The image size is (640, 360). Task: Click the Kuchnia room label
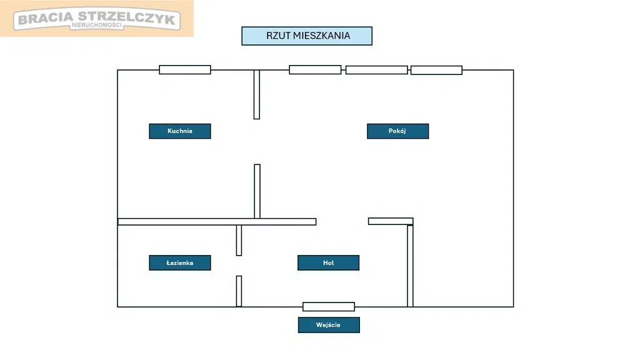click(x=180, y=131)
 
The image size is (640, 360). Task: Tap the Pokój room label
click(x=397, y=131)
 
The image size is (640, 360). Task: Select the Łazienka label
click(x=180, y=263)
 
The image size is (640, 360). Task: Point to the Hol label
click(x=328, y=263)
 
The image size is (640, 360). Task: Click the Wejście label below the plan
click(x=329, y=325)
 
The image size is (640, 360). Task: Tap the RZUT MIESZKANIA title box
click(x=307, y=36)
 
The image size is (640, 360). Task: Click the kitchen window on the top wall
click(x=185, y=69)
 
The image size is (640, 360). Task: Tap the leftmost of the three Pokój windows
click(x=315, y=69)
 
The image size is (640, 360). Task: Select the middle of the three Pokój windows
click(x=376, y=70)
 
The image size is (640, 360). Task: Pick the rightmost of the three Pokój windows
click(x=436, y=70)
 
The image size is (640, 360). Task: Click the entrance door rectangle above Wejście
click(x=329, y=307)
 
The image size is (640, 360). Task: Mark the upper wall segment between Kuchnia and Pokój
click(x=256, y=94)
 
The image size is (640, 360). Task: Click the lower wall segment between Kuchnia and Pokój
click(x=257, y=191)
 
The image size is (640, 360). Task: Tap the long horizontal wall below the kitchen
click(x=217, y=221)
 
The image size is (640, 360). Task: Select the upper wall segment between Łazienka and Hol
click(x=239, y=241)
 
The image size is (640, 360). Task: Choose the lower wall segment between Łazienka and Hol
click(x=239, y=291)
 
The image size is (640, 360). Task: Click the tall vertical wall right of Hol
click(x=410, y=266)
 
